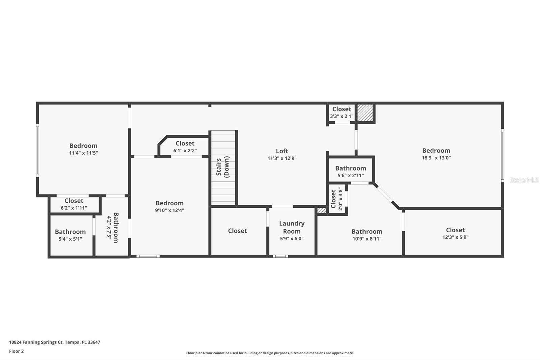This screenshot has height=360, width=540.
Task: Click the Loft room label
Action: pyautogui.click(x=282, y=151)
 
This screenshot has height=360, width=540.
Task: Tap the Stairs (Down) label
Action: pyautogui.click(x=223, y=167)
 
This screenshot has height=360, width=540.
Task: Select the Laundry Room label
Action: pyautogui.click(x=292, y=227)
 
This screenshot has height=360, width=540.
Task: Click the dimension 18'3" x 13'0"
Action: pyautogui.click(x=436, y=158)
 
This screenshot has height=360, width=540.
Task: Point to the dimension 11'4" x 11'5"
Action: pyautogui.click(x=83, y=153)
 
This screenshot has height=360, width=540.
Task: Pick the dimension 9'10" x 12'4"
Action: pyautogui.click(x=169, y=210)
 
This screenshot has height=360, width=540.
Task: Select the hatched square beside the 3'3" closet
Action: pyautogui.click(x=365, y=112)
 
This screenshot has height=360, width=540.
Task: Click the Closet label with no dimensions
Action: pyautogui.click(x=237, y=231)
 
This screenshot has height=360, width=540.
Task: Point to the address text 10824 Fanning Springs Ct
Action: pyautogui.click(x=54, y=342)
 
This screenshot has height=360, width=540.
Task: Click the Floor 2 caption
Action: pyautogui.click(x=16, y=351)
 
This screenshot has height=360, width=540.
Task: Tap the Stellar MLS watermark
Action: pyautogui.click(x=524, y=180)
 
